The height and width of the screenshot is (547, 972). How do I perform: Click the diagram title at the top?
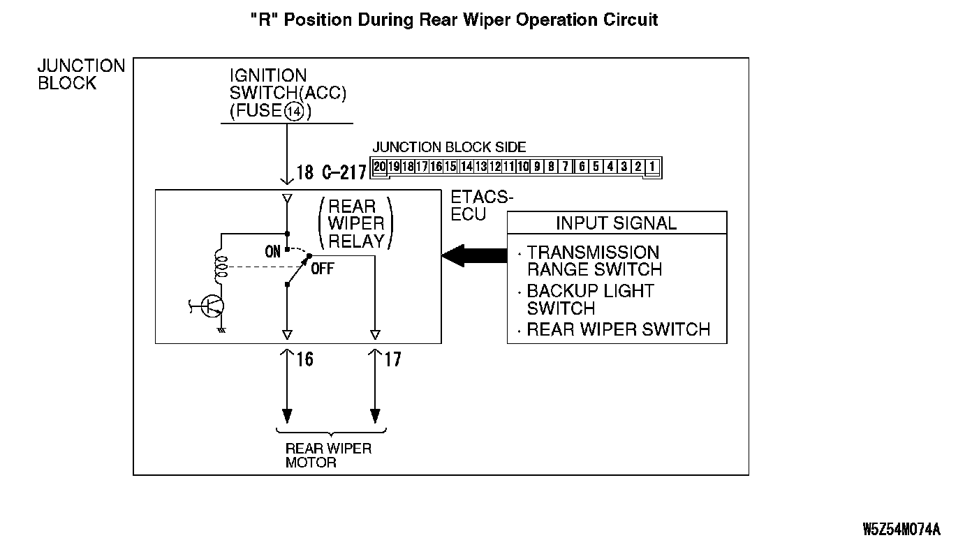point(454,20)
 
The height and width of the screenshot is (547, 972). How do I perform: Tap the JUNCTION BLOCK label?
point(81,74)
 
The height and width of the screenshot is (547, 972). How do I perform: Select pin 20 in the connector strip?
point(379,166)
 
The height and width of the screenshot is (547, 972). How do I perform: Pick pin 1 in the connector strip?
point(651,166)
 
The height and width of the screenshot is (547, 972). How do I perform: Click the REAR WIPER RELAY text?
point(356,224)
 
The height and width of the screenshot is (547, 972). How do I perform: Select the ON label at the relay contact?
point(273,252)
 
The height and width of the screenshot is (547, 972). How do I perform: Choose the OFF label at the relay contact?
point(323,269)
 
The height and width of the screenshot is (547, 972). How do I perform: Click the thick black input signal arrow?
point(474,256)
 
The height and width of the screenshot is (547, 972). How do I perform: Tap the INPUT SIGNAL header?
point(616,223)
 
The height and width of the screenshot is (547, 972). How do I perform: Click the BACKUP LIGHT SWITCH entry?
point(590,299)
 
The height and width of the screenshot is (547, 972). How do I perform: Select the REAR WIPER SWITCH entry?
point(618,329)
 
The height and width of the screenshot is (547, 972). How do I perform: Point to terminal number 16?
point(305,359)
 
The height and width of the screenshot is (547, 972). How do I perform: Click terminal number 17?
point(393,359)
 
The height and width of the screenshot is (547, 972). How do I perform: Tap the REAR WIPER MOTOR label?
point(328,455)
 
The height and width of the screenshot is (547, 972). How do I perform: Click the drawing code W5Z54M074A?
point(901,528)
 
